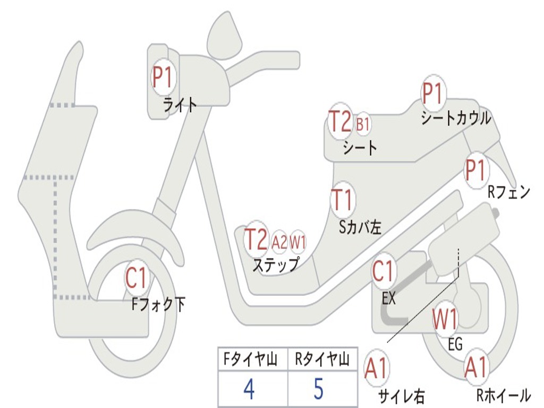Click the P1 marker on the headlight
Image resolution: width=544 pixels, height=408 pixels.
coord(163,78)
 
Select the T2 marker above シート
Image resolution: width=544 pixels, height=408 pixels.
coord(339,123)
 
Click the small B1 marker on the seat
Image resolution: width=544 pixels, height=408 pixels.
coord(363,125)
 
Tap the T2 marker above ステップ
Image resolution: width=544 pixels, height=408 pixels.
coord(256,240)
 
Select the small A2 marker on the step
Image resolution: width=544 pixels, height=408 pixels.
coord(279,242)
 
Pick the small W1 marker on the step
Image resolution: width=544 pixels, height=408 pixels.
coord(298,242)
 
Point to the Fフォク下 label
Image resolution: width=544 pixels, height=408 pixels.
coord(159,304)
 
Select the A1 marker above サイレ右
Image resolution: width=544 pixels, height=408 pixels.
coord(377,368)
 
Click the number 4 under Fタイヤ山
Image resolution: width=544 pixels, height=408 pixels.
coord(249,389)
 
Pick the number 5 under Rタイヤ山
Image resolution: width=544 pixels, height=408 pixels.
coord(318,389)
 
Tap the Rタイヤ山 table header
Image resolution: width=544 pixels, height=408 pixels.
coord(321,361)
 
